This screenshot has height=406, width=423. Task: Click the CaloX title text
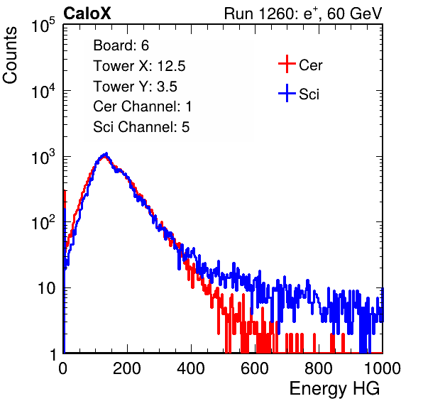87,13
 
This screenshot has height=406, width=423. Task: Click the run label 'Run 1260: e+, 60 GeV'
303,13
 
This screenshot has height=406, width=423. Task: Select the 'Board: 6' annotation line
121,45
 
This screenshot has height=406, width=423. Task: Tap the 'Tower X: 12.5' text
139,66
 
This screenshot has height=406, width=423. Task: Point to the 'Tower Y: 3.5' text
135,87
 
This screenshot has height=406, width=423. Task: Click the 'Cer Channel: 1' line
143,106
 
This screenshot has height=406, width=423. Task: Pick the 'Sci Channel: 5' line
141,127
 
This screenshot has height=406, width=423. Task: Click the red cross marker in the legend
287,64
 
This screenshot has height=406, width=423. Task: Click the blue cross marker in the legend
287,93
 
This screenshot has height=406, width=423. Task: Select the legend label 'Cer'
310,65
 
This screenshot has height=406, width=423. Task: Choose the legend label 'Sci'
309,94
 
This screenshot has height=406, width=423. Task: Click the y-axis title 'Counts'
10,55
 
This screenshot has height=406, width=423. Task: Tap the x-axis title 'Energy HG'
334,388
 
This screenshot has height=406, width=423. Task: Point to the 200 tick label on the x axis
127,368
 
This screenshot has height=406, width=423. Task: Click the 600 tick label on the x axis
255,368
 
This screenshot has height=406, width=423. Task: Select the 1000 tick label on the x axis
383,368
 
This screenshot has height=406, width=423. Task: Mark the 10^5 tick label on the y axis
43,26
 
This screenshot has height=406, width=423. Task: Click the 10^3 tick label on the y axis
43,157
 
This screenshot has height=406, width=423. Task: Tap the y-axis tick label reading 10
46,288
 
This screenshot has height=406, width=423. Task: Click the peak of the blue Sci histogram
106,154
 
